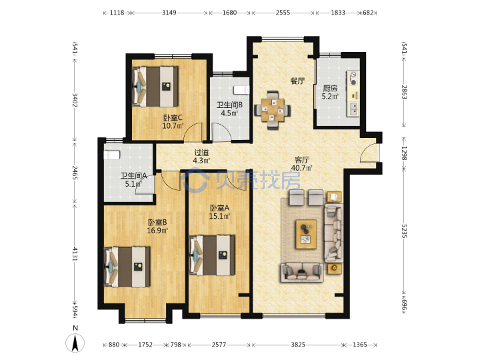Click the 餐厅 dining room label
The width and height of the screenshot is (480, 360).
point(297,81)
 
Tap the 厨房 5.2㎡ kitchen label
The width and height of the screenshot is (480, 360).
point(330,92)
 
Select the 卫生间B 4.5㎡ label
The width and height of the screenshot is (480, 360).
point(229,109)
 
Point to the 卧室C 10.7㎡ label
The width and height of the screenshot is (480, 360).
point(173,121)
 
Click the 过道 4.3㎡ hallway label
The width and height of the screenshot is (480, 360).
point(201,157)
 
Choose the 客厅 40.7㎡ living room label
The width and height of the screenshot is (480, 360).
point(301,164)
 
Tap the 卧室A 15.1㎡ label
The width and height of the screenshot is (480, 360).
point(219,212)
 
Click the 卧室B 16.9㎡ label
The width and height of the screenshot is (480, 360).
point(157,226)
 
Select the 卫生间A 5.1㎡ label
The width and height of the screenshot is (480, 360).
point(133,180)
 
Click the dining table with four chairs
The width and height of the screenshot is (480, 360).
point(273,110)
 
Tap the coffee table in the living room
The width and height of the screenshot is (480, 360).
point(306,234)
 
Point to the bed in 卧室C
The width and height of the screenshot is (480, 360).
point(155,87)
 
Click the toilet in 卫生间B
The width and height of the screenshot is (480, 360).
point(242,90)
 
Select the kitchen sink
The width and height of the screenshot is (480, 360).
point(353,109)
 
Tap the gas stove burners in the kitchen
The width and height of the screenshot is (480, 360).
point(353,79)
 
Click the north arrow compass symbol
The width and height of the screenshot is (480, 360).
point(75,343)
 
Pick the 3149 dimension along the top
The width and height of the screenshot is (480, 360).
point(169,13)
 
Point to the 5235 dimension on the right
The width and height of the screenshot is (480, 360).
point(404,230)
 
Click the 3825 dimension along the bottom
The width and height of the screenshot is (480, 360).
point(298,345)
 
